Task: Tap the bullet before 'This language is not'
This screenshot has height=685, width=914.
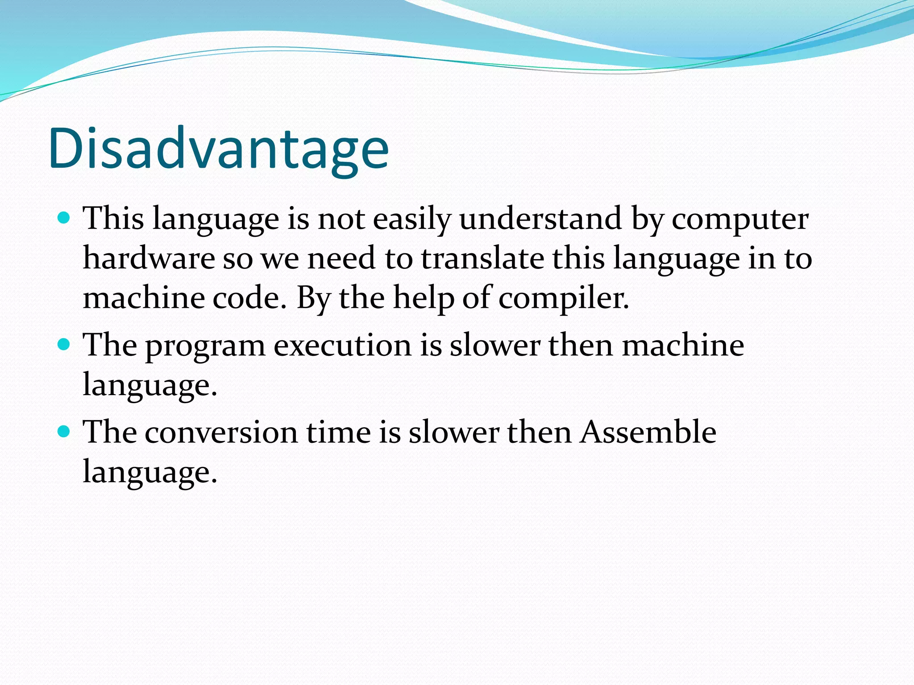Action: pos(64,218)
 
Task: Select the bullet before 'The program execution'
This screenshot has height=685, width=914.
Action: pos(64,345)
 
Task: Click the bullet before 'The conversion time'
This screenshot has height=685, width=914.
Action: pos(64,431)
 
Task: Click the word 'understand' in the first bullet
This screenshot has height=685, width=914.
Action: pos(540,219)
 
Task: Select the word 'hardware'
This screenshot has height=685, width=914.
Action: pos(149,259)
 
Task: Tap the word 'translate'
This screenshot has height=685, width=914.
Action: pos(482,259)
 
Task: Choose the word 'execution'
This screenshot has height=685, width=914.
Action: pos(342,346)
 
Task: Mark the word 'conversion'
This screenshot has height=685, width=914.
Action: pos(221,433)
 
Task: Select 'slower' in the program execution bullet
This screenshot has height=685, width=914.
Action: pos(494,346)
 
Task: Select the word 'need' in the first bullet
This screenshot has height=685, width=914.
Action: pos(341,259)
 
